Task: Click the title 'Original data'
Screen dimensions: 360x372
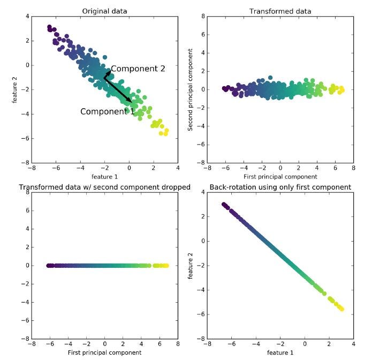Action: (x=105, y=11)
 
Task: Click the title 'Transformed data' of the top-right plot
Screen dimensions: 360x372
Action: (x=280, y=11)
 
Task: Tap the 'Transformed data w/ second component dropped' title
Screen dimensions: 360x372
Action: (x=105, y=187)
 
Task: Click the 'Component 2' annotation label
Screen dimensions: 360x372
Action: (x=138, y=69)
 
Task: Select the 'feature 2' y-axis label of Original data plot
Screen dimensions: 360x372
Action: (x=17, y=89)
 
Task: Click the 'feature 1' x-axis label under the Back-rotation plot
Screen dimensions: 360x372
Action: (x=280, y=352)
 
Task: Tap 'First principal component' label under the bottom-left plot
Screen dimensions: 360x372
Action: (x=105, y=352)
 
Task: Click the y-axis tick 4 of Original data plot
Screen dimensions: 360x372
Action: (x=27, y=17)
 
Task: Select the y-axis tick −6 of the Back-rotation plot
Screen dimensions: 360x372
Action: (x=201, y=314)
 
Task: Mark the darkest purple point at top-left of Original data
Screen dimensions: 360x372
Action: (x=49, y=27)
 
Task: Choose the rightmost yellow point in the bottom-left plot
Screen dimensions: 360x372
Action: (x=166, y=265)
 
